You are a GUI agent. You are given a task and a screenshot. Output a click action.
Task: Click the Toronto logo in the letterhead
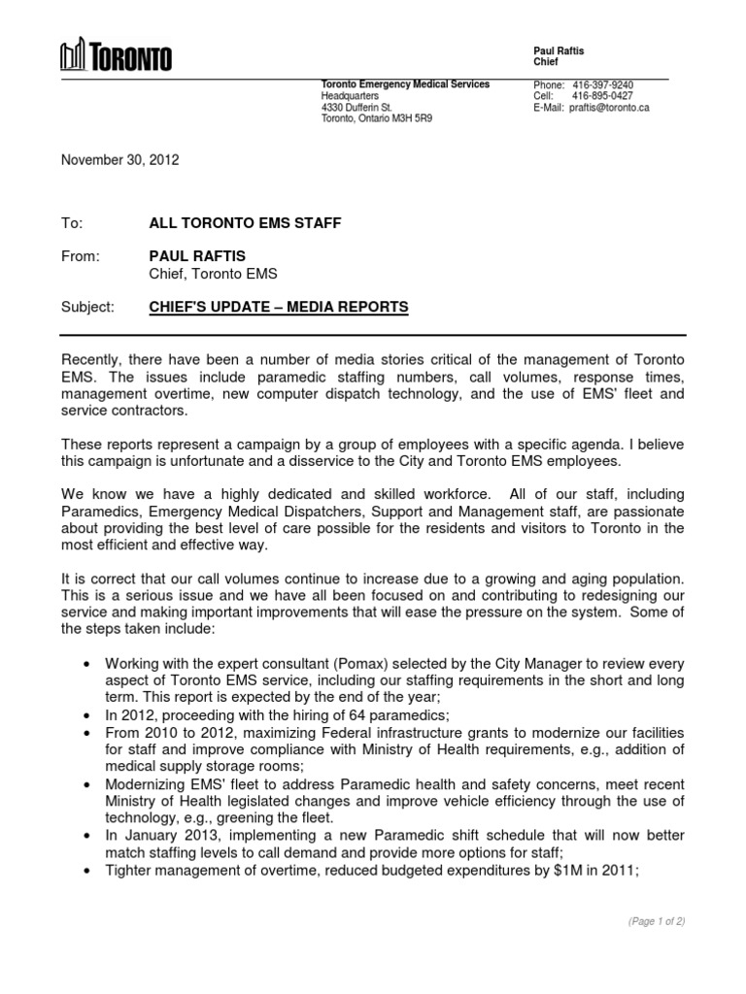click(x=116, y=56)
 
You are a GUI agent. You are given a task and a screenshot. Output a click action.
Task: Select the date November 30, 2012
click(x=119, y=160)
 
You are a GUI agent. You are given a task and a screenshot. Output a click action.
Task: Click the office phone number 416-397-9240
click(x=602, y=85)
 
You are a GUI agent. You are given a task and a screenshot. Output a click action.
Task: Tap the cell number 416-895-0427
click(x=602, y=96)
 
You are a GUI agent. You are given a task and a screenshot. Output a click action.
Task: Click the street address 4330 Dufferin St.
click(x=356, y=108)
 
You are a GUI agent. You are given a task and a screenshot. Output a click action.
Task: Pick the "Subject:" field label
click(x=87, y=308)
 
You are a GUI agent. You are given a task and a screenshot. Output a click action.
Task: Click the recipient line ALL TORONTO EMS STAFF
click(x=244, y=223)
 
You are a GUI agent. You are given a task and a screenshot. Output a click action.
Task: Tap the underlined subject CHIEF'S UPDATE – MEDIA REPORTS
click(x=278, y=308)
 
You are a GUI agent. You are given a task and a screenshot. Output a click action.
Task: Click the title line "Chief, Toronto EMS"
click(x=212, y=274)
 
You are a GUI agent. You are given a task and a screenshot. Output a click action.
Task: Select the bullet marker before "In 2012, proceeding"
click(x=89, y=714)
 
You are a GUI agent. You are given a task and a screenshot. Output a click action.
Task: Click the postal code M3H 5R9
click(x=418, y=119)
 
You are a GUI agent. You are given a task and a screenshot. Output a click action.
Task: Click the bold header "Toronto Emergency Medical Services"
click(x=405, y=84)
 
